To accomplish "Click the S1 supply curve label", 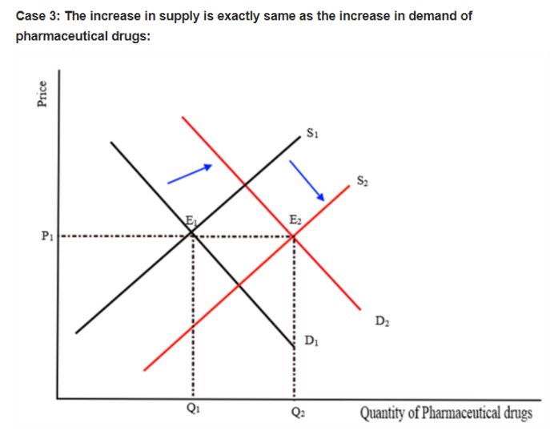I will pos(313,132).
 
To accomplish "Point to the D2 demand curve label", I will pos(381,322).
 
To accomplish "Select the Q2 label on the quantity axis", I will pos(294,413).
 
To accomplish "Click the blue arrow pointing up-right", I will pos(190,175).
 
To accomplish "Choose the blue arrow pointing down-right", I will pos(306,178).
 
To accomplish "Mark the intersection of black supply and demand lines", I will pos(192,233).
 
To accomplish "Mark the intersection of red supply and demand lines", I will pos(294,236).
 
